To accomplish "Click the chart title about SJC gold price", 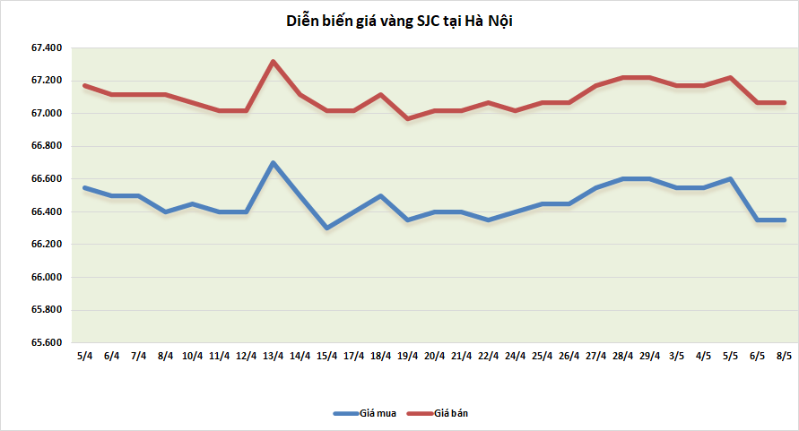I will (398, 21).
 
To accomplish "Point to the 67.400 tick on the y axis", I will (47, 48).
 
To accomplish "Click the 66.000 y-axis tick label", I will (47, 278).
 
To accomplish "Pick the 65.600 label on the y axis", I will (47, 343).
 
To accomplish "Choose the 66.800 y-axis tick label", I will (47, 147).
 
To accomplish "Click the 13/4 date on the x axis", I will (273, 356).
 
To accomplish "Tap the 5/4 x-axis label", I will (84, 356).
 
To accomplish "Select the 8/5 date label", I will (784, 356).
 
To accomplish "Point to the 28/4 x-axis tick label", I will (622, 356).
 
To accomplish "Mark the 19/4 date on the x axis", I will (407, 356).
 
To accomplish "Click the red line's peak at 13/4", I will (273, 62).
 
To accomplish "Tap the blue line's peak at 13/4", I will (273, 163).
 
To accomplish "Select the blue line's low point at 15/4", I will (326, 228).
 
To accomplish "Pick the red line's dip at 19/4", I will (407, 118).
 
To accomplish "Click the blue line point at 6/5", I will (757, 220).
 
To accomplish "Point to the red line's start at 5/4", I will (84, 86).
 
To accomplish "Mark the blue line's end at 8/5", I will (784, 220).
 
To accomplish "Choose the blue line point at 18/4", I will (380, 195).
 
